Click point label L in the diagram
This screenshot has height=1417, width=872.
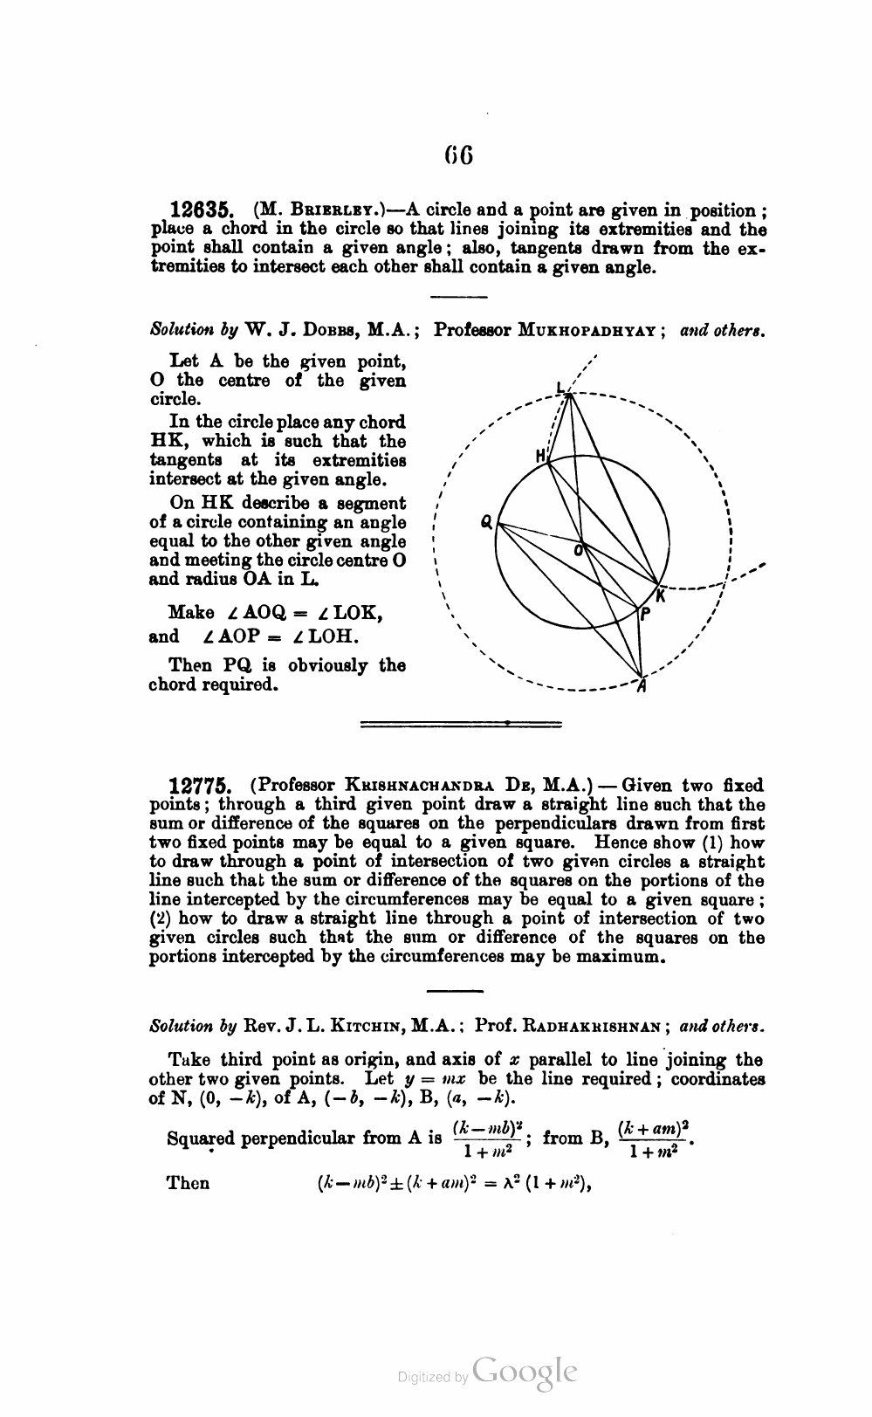(x=561, y=388)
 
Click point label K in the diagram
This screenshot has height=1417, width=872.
(x=661, y=595)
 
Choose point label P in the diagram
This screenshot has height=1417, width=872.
(x=644, y=614)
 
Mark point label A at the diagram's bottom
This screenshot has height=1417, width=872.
(x=642, y=686)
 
